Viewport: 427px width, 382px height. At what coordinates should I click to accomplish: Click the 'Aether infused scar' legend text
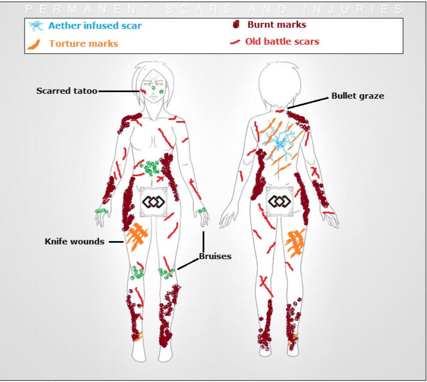pos(95,26)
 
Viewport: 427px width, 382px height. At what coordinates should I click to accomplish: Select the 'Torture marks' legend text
pos(83,43)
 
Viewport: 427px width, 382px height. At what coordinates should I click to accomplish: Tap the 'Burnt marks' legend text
pos(276,25)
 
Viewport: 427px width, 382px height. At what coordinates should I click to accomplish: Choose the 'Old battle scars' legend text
pos(282,41)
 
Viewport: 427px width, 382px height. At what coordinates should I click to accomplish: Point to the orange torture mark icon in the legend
pos(34,44)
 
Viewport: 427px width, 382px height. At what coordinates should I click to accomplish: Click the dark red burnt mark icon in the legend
pos(237,25)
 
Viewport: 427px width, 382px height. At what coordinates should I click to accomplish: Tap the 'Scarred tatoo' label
pos(67,91)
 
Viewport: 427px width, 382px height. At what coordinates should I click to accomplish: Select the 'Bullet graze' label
pos(358,96)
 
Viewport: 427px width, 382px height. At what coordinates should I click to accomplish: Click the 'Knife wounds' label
pos(74,241)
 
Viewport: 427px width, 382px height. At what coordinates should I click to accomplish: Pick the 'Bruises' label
pos(215,256)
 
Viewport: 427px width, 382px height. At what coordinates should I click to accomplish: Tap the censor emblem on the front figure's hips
pos(153,202)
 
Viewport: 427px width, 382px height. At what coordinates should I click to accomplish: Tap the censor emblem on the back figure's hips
pos(280,202)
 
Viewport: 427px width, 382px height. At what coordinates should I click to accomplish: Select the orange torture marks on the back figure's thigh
pos(295,243)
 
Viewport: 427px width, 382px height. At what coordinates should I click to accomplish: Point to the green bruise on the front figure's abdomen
pos(151,167)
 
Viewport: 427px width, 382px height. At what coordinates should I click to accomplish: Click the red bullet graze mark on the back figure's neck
pos(280,111)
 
